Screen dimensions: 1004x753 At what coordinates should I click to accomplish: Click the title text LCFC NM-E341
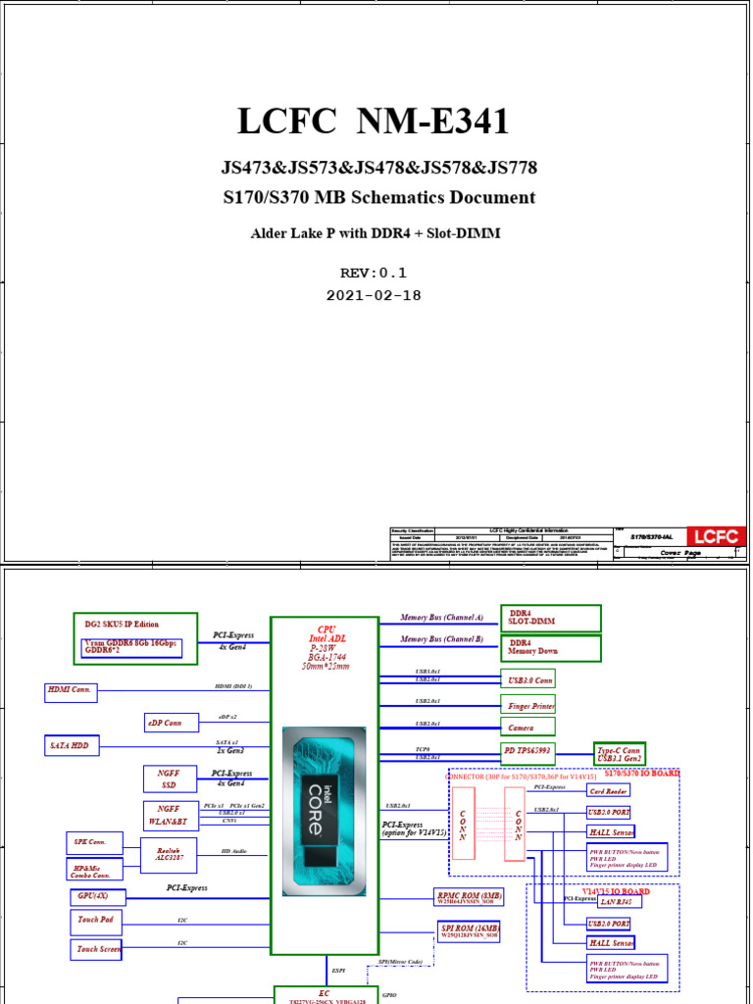coord(374,122)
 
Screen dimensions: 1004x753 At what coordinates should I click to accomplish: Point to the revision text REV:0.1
coord(373,273)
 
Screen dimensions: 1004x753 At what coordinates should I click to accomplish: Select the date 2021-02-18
coord(373,295)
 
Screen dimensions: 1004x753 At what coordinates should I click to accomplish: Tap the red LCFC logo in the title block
coord(715,536)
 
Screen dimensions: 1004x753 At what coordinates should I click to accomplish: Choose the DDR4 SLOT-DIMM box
coord(550,619)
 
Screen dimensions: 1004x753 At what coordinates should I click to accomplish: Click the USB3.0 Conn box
coord(529,679)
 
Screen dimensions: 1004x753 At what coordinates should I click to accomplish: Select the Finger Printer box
coord(529,705)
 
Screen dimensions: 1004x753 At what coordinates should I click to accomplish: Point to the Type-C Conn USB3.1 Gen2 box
coord(619,754)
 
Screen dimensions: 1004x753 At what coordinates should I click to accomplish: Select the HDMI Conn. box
coord(70,690)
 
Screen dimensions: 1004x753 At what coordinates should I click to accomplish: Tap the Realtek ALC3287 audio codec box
coord(169,852)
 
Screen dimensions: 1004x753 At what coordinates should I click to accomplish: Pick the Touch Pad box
coord(95,921)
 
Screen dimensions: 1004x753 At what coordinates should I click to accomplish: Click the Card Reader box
coord(609,791)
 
